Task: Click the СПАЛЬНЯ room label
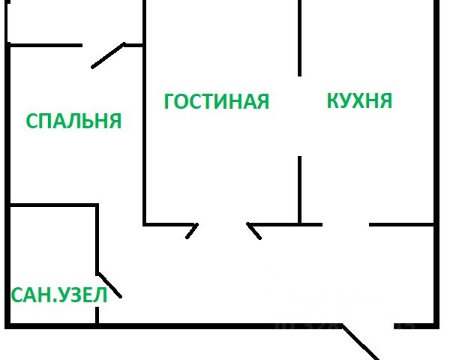click(x=73, y=121)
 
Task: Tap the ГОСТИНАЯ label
click(x=216, y=101)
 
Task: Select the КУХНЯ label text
click(x=359, y=100)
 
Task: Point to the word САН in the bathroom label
click(x=29, y=295)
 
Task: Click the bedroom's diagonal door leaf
click(x=107, y=55)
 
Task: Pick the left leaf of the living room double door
click(x=191, y=230)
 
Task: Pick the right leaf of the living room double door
click(x=254, y=230)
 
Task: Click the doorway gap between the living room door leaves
click(x=223, y=224)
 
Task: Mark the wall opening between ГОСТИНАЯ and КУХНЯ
click(x=300, y=116)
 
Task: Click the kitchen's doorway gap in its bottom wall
click(x=345, y=224)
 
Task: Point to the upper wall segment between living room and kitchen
click(x=300, y=37)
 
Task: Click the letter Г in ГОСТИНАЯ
click(x=169, y=101)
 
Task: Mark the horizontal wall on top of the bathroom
click(x=52, y=205)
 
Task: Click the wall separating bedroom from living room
click(x=144, y=135)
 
